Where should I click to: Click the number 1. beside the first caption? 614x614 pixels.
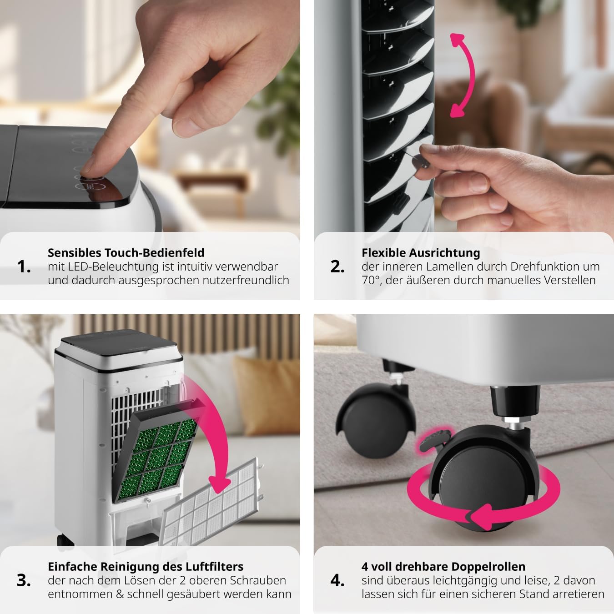click(24, 267)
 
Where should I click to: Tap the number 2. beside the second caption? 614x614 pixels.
click(337, 267)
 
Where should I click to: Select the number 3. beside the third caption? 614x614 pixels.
click(24, 580)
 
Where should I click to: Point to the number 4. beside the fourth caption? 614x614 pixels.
click(337, 580)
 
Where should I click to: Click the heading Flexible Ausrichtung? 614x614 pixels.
click(421, 253)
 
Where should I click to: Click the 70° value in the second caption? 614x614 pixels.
click(371, 280)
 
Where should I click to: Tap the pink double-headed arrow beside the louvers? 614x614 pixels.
click(463, 75)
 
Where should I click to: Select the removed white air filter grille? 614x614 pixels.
click(214, 500)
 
